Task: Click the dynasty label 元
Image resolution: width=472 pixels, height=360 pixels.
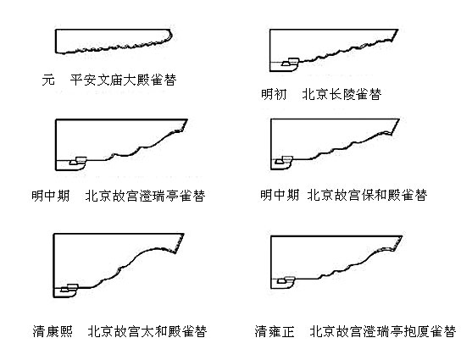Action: pyautogui.click(x=48, y=80)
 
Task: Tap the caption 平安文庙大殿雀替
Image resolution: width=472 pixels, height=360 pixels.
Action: pyautogui.click(x=123, y=80)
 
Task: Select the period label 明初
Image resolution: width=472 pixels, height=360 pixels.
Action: pyautogui.click(x=274, y=94)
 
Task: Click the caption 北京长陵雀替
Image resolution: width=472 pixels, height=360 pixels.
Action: pyautogui.click(x=342, y=94)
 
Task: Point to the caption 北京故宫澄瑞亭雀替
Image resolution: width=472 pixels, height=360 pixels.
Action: pyautogui.click(x=145, y=196)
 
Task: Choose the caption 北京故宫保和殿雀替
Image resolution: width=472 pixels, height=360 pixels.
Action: pyautogui.click(x=367, y=195)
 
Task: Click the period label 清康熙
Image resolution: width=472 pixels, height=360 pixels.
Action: pyautogui.click(x=53, y=331)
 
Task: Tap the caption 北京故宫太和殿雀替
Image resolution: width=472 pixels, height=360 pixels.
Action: pyautogui.click(x=147, y=331)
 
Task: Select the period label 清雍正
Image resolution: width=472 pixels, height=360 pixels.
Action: pyautogui.click(x=275, y=331)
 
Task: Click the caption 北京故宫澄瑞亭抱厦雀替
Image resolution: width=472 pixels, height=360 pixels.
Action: pyautogui.click(x=382, y=331)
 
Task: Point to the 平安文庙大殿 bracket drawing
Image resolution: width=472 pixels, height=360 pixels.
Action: pyautogui.click(x=114, y=42)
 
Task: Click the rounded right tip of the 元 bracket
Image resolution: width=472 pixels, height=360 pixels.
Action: pyautogui.click(x=172, y=35)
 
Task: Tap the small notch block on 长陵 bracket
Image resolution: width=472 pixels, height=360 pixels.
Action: pyautogui.click(x=291, y=62)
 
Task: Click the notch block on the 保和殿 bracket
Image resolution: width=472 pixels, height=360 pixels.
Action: pyautogui.click(x=284, y=160)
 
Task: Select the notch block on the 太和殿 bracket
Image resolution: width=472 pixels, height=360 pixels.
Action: pyautogui.click(x=69, y=288)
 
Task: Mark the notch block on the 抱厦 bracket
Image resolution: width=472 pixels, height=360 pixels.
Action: pyautogui.click(x=286, y=280)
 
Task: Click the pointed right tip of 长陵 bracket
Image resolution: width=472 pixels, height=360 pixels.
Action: pyautogui.click(x=398, y=30)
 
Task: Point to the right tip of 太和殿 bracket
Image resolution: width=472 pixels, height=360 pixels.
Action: pyautogui.click(x=183, y=234)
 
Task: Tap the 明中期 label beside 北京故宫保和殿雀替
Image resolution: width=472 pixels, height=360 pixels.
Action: pyautogui.click(x=280, y=195)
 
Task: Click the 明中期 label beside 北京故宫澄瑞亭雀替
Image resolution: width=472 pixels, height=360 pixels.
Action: pyautogui.click(x=51, y=196)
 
